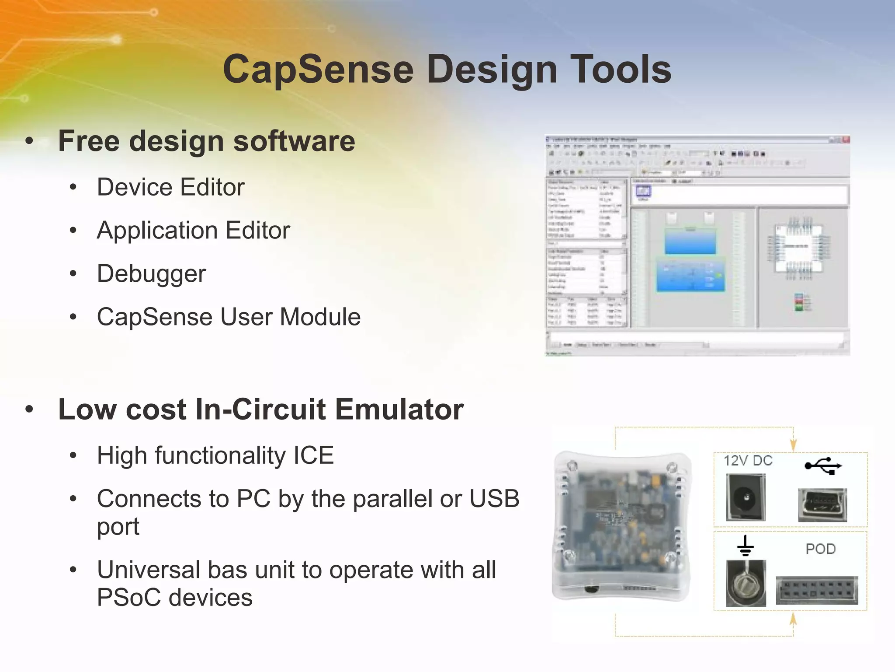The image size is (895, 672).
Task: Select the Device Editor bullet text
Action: coord(170,187)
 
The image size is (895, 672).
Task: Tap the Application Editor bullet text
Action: coord(193,231)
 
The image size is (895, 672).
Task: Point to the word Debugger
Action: coord(151,274)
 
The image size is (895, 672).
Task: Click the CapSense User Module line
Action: coord(229,317)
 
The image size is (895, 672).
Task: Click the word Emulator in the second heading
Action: coord(399,409)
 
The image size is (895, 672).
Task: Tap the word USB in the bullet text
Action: coord(494,498)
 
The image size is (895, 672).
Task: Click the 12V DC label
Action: coord(748,461)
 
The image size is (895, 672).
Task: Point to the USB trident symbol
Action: coord(823,466)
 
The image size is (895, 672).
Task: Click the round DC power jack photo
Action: coord(746,497)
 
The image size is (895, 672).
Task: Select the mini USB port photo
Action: coord(822,505)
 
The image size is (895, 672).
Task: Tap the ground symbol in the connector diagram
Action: coord(745,546)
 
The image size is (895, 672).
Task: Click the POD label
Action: coord(820,549)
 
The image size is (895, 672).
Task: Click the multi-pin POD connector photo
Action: coord(816,590)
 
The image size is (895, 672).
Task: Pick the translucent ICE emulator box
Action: coord(621,525)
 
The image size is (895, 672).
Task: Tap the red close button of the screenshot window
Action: coord(846,140)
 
